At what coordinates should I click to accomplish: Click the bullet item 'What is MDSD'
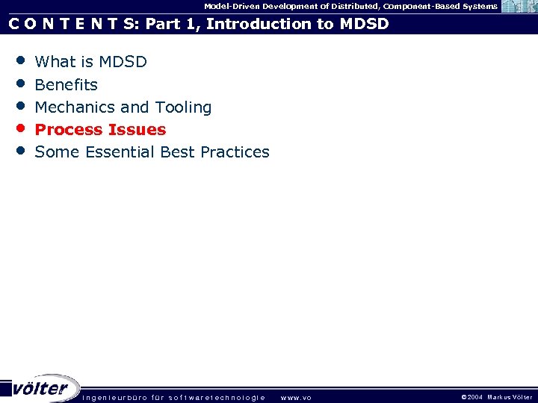tap(90, 62)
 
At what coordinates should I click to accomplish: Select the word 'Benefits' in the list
tap(66, 84)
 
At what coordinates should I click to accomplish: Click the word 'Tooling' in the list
tap(183, 107)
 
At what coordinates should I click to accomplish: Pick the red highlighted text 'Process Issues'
tap(100, 130)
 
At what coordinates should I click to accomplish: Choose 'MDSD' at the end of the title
tap(364, 24)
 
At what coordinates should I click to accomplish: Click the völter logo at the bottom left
tap(41, 388)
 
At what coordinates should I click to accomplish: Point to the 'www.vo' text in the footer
tap(295, 397)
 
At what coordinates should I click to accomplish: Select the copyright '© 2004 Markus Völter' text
tap(496, 397)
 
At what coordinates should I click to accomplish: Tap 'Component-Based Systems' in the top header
tap(440, 6)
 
